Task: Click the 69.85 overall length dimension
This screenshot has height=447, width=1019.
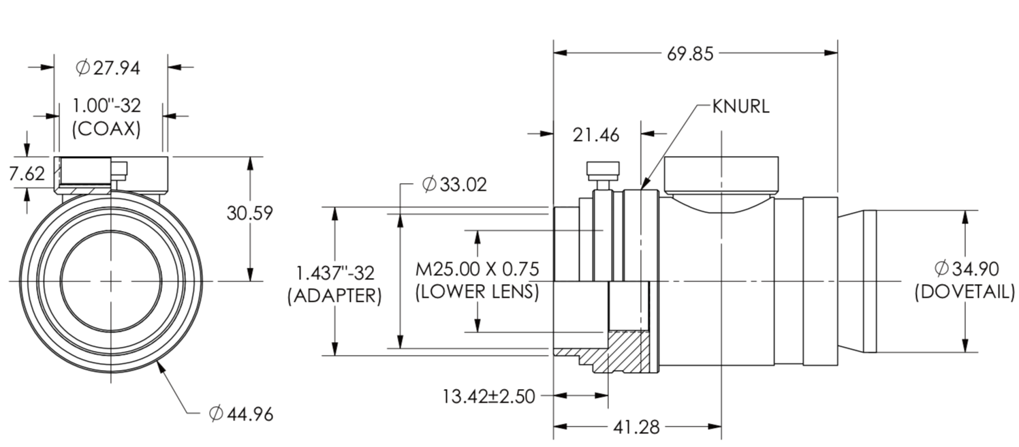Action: (690, 53)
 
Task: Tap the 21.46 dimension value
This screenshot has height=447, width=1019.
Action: (597, 135)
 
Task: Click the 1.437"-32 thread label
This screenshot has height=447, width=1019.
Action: (334, 273)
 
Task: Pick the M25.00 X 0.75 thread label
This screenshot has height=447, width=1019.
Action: (477, 269)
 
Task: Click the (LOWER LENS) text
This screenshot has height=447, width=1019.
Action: (477, 292)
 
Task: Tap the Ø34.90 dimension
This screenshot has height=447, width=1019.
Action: (963, 268)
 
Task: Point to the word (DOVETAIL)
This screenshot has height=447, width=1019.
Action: (963, 292)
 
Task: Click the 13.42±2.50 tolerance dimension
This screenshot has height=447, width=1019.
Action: (488, 395)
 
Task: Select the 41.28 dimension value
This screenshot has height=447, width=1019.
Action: (637, 427)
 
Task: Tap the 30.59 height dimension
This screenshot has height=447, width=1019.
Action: (249, 213)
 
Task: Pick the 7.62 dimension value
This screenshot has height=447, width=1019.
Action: (27, 173)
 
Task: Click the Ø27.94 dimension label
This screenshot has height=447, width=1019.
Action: (108, 67)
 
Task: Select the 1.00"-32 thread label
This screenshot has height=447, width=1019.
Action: (107, 106)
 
